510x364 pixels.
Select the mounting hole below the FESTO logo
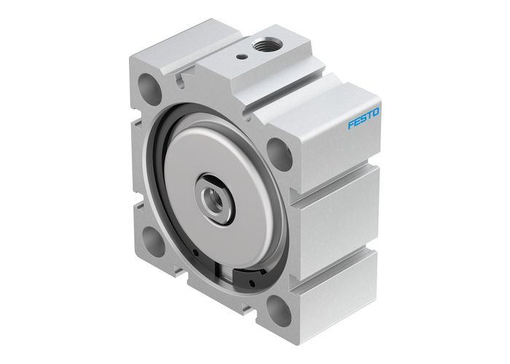pos(277,151)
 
